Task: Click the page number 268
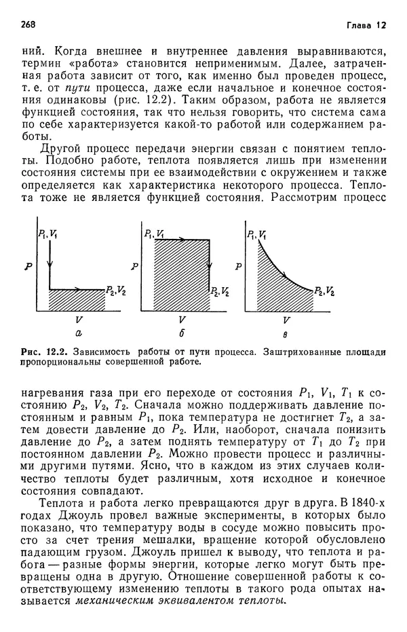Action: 28,24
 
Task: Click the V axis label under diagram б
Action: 180,318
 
